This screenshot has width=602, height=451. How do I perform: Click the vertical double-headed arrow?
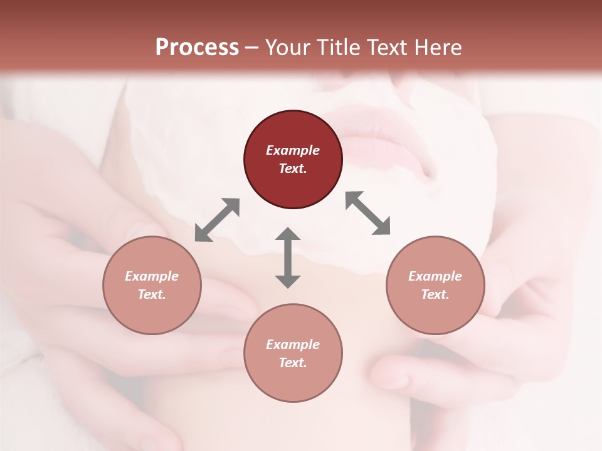[288, 257]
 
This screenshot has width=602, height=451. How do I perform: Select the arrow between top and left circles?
[217, 220]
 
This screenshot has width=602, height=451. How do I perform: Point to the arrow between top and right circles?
[368, 213]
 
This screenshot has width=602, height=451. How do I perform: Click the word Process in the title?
[197, 47]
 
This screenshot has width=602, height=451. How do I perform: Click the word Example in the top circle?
[293, 150]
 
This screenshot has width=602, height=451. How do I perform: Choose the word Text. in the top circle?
[293, 168]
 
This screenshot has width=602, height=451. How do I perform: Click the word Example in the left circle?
[152, 276]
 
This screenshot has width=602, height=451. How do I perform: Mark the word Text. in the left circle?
[152, 294]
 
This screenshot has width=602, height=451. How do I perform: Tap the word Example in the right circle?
[435, 276]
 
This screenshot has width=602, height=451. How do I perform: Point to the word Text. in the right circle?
[435, 294]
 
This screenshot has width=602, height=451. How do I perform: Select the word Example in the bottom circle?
[293, 345]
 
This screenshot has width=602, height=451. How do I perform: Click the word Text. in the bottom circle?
[293, 363]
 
